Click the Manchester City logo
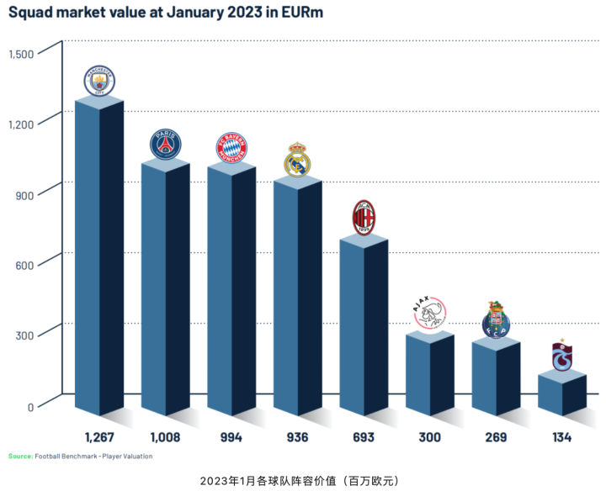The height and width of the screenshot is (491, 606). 99,82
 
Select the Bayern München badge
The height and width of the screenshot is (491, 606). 231,148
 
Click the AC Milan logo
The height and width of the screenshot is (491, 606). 364,218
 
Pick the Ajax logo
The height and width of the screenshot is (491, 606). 430,314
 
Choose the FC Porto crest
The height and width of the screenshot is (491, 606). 496,319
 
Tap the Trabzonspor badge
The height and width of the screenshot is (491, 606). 562,356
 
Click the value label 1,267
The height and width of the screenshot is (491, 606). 99,438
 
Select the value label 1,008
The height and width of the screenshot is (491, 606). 166,438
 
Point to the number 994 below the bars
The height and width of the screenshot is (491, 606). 231,438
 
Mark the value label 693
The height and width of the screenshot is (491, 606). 364,438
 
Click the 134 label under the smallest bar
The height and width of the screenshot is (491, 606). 562,438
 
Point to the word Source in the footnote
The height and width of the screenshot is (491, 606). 20,457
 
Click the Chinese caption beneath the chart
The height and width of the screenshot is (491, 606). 299,481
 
